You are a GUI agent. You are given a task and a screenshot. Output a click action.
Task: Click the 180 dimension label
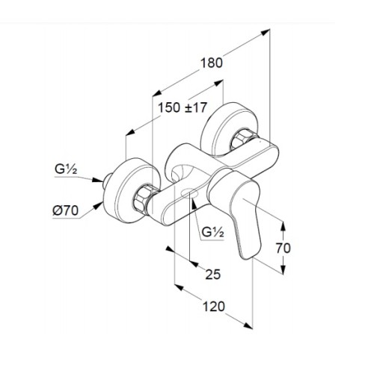pos(212,63)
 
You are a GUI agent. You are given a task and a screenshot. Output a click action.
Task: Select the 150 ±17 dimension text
pos(183,107)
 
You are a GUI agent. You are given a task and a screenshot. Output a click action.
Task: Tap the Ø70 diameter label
pos(66,210)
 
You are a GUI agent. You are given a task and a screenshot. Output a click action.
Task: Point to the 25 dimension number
pos(213,274)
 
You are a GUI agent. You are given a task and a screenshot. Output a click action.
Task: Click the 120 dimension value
pos(213,306)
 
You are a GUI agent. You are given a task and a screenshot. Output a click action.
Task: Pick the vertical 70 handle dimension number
pos(283,248)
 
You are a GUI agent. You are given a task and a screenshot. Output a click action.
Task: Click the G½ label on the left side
pos(66,169)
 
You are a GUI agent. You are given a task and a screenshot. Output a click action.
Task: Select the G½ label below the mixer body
pos(212,232)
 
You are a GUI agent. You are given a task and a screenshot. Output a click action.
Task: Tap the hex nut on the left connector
pos(142,198)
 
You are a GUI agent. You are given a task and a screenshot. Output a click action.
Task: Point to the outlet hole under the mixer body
pos(190,193)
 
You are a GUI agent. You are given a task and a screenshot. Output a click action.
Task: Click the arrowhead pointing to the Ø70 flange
pos(98,205)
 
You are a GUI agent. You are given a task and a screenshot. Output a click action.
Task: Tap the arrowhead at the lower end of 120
pos(248,325)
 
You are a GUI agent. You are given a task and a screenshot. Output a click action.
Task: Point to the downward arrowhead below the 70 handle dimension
pos(283,269)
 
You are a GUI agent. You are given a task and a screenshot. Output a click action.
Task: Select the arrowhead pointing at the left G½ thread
pos(97,180)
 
